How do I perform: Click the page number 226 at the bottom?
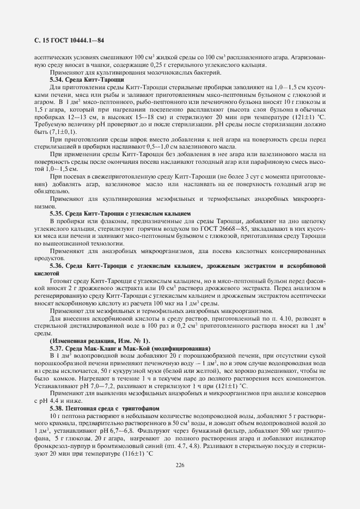pyautogui.click(x=180, y=464)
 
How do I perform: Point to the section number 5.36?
pyautogui.click(x=57, y=265)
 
